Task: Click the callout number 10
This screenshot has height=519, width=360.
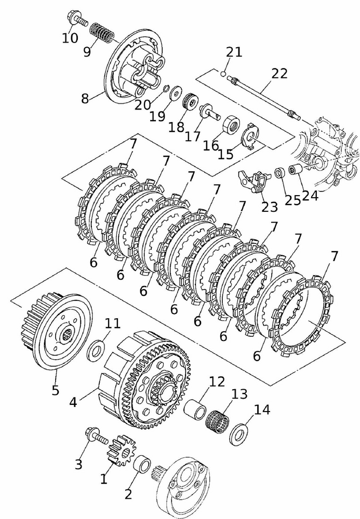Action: [x=70, y=38]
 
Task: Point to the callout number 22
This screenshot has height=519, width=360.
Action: [x=279, y=74]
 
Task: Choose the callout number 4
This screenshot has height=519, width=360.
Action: [x=73, y=401]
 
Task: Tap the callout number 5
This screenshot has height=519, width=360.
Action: [x=56, y=389]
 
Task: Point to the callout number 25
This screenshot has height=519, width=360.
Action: [x=293, y=200]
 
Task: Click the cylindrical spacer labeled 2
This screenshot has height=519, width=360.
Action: [x=142, y=463]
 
